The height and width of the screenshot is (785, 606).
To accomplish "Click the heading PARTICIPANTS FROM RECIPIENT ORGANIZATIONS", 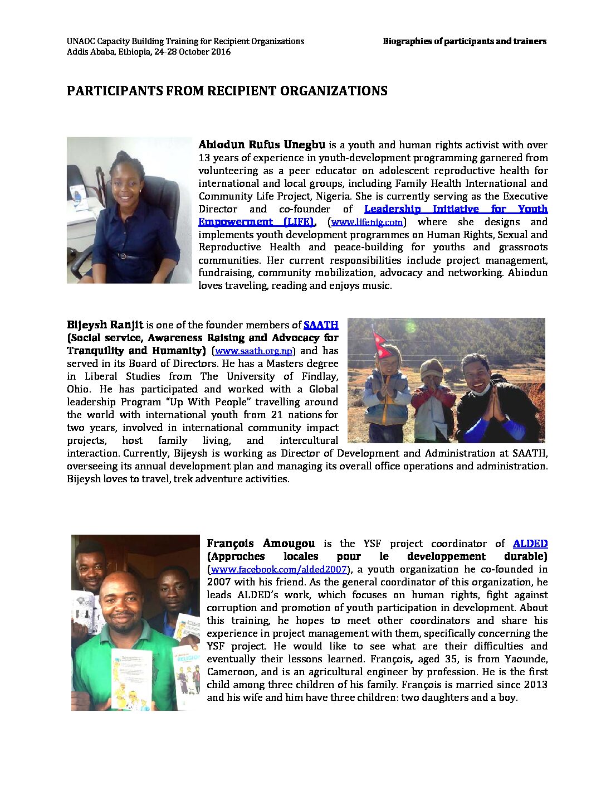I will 227,91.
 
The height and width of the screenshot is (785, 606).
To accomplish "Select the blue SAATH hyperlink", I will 320,325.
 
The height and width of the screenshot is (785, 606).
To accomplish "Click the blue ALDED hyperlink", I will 530,544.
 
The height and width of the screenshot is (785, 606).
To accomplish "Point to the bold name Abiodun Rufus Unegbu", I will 261,145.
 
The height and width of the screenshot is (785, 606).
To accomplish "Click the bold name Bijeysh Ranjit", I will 105,325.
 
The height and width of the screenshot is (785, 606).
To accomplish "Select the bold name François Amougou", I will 261,544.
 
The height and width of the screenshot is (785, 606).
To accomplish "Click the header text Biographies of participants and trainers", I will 464,41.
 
